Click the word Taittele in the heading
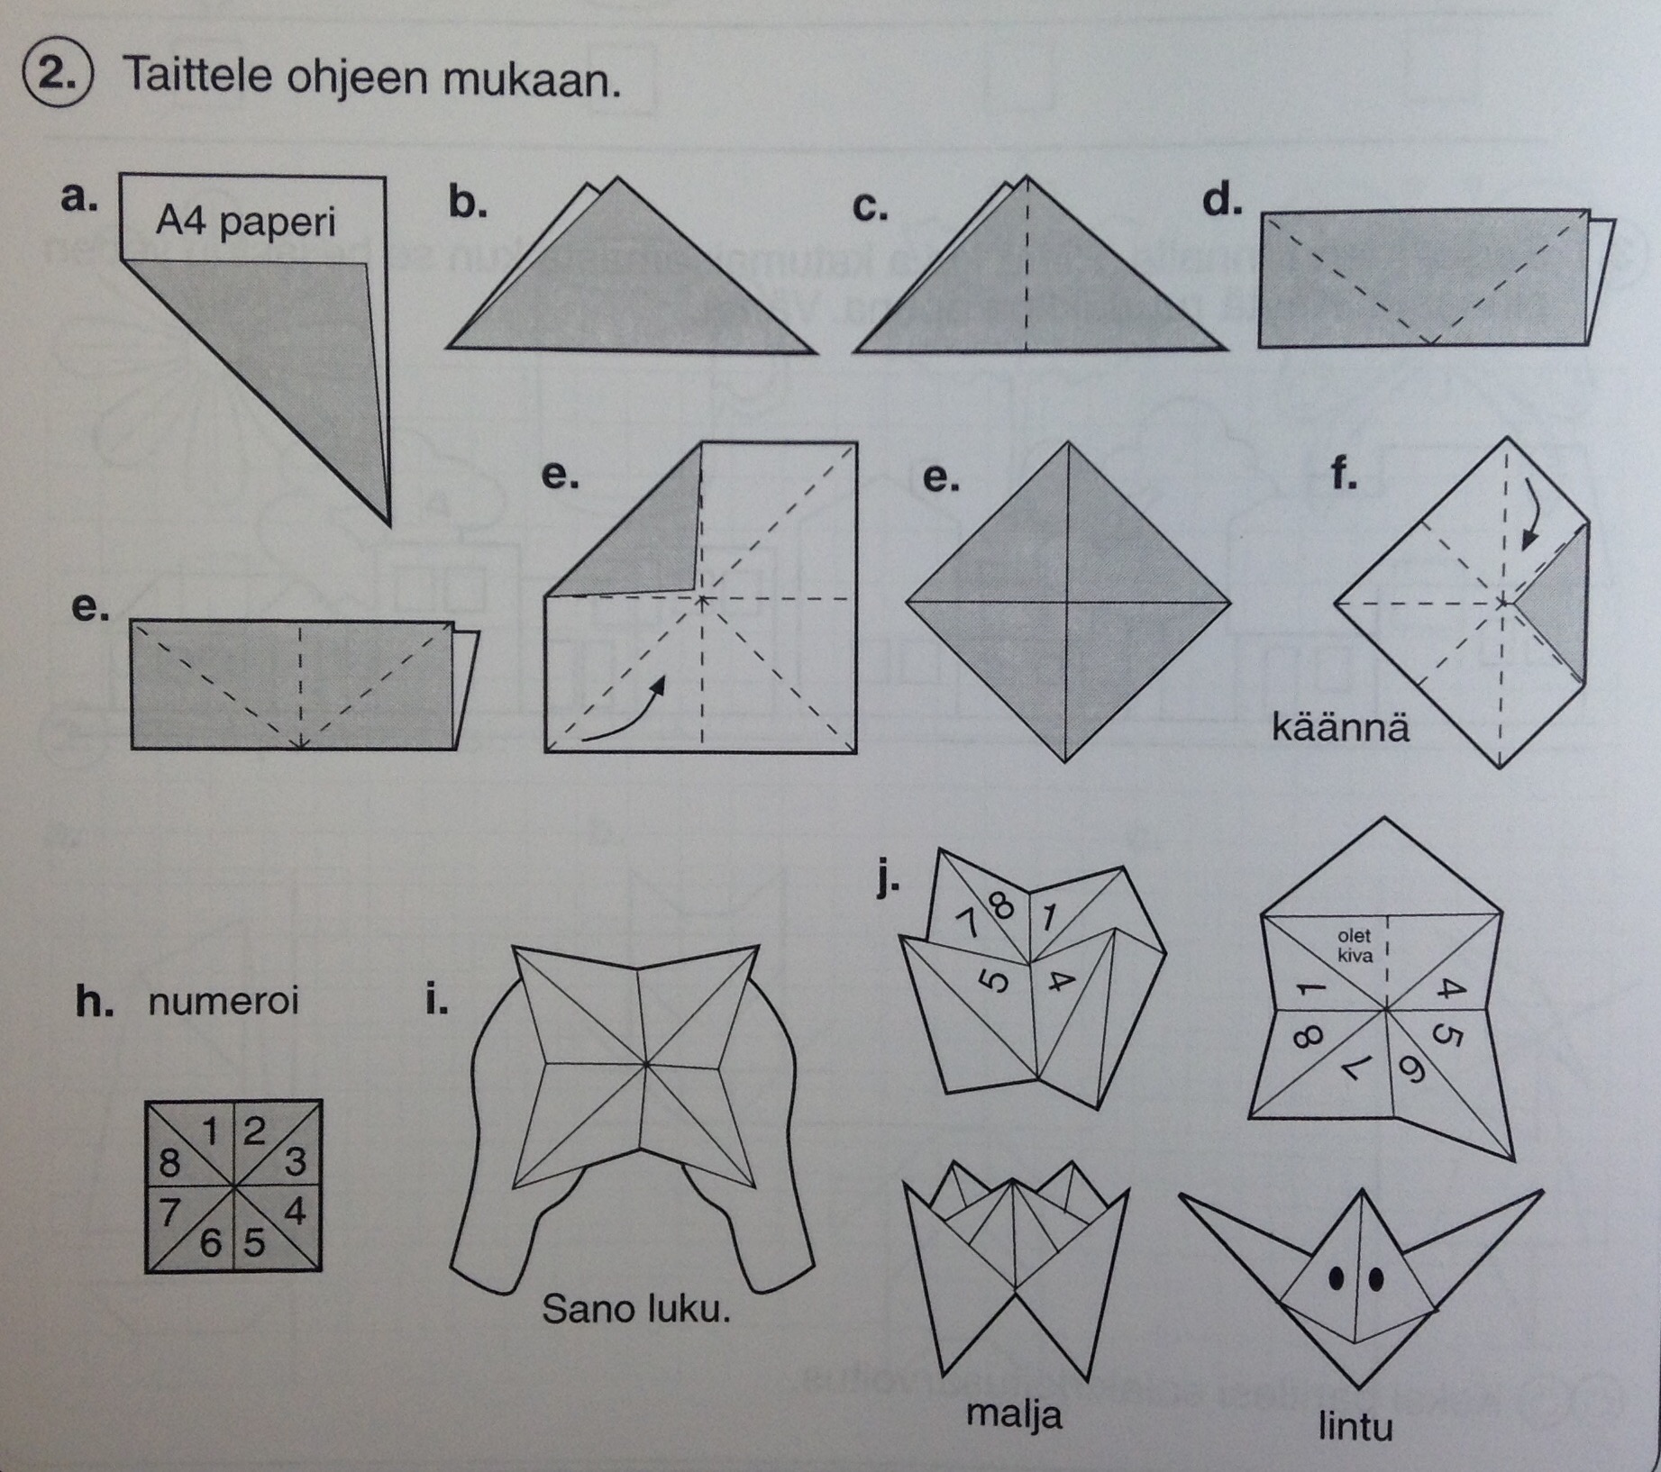[x=197, y=76]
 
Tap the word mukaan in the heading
[x=531, y=80]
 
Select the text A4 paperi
[x=245, y=222]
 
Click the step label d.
[x=1222, y=200]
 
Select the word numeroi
[x=223, y=1002]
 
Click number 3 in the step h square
[x=295, y=1162]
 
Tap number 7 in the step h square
[x=169, y=1213]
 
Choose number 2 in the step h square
[x=255, y=1130]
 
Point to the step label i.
[x=437, y=1000]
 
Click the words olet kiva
[x=1354, y=946]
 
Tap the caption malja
[x=1014, y=1414]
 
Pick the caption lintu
[x=1355, y=1426]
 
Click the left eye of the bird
[x=1337, y=1279]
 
